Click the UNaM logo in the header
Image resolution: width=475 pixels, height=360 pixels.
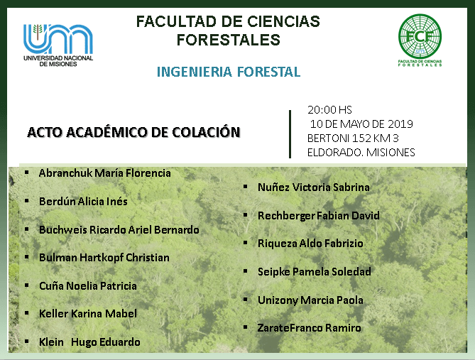click(x=58, y=45)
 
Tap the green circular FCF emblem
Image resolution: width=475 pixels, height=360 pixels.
click(x=420, y=36)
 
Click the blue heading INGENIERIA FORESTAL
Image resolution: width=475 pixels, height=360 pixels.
click(x=229, y=72)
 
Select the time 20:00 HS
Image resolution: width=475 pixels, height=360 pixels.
click(x=329, y=109)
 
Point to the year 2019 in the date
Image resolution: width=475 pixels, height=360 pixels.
click(x=400, y=124)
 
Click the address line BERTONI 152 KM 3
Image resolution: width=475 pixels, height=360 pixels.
click(x=353, y=138)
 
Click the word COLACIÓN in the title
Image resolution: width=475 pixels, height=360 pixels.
click(x=206, y=132)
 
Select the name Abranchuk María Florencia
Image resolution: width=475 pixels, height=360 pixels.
click(x=105, y=173)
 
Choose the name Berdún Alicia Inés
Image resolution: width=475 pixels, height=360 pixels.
click(x=83, y=202)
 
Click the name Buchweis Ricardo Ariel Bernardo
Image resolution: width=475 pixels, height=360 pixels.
click(x=119, y=229)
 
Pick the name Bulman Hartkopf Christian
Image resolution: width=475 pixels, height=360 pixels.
click(x=104, y=258)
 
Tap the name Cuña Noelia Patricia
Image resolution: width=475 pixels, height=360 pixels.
click(x=88, y=285)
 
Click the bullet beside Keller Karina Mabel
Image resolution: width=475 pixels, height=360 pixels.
click(x=27, y=313)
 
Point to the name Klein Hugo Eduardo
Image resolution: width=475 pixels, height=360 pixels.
click(x=89, y=342)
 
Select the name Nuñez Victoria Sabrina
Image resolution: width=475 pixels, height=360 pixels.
click(x=314, y=187)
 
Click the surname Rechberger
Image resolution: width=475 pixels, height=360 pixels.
click(x=286, y=216)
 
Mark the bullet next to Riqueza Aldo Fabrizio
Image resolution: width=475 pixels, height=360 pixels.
click(x=246, y=243)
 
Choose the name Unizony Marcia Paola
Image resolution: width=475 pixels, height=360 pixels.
click(x=310, y=300)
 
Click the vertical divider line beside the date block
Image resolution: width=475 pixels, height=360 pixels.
click(x=290, y=134)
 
